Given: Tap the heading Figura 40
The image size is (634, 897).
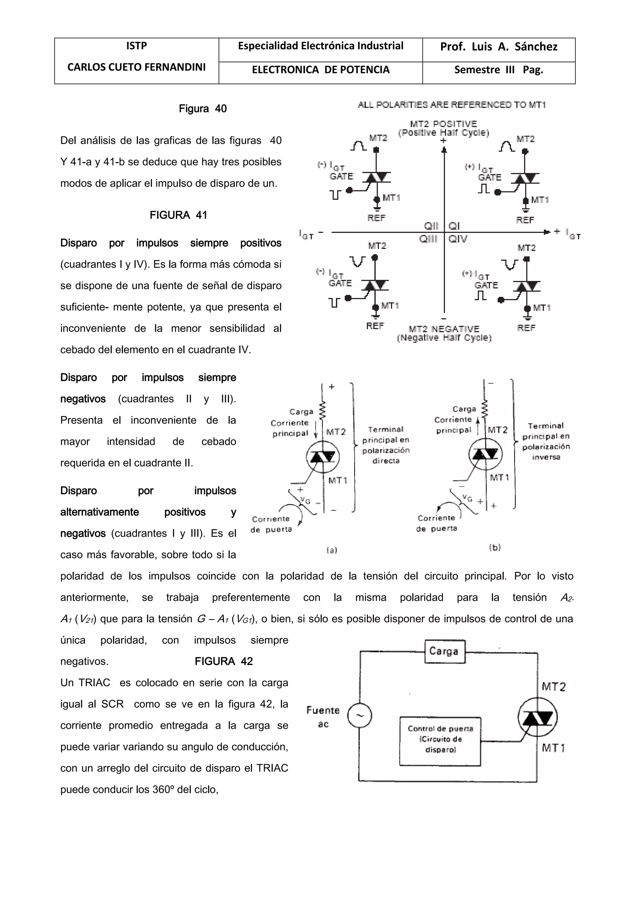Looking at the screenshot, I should click(203, 109).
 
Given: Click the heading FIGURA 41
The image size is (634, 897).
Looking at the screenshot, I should click(178, 215).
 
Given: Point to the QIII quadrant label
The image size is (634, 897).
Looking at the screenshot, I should click(428, 239).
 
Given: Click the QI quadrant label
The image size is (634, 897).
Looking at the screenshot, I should click(454, 226).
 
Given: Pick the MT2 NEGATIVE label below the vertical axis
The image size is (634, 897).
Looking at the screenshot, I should click(444, 329).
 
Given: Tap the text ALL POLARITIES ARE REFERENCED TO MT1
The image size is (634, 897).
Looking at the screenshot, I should click(452, 105).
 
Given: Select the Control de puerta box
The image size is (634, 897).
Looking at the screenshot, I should click(440, 741).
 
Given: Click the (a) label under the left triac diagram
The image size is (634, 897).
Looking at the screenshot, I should click(332, 550).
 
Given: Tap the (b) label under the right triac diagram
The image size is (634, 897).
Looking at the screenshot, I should click(495, 547).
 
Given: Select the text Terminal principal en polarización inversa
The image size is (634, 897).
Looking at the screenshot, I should click(546, 441).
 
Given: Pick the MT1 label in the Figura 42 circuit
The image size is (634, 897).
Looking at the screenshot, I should click(553, 748).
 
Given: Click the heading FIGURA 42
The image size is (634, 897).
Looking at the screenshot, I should click(224, 661).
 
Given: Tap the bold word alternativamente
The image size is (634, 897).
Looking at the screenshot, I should click(100, 512).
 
